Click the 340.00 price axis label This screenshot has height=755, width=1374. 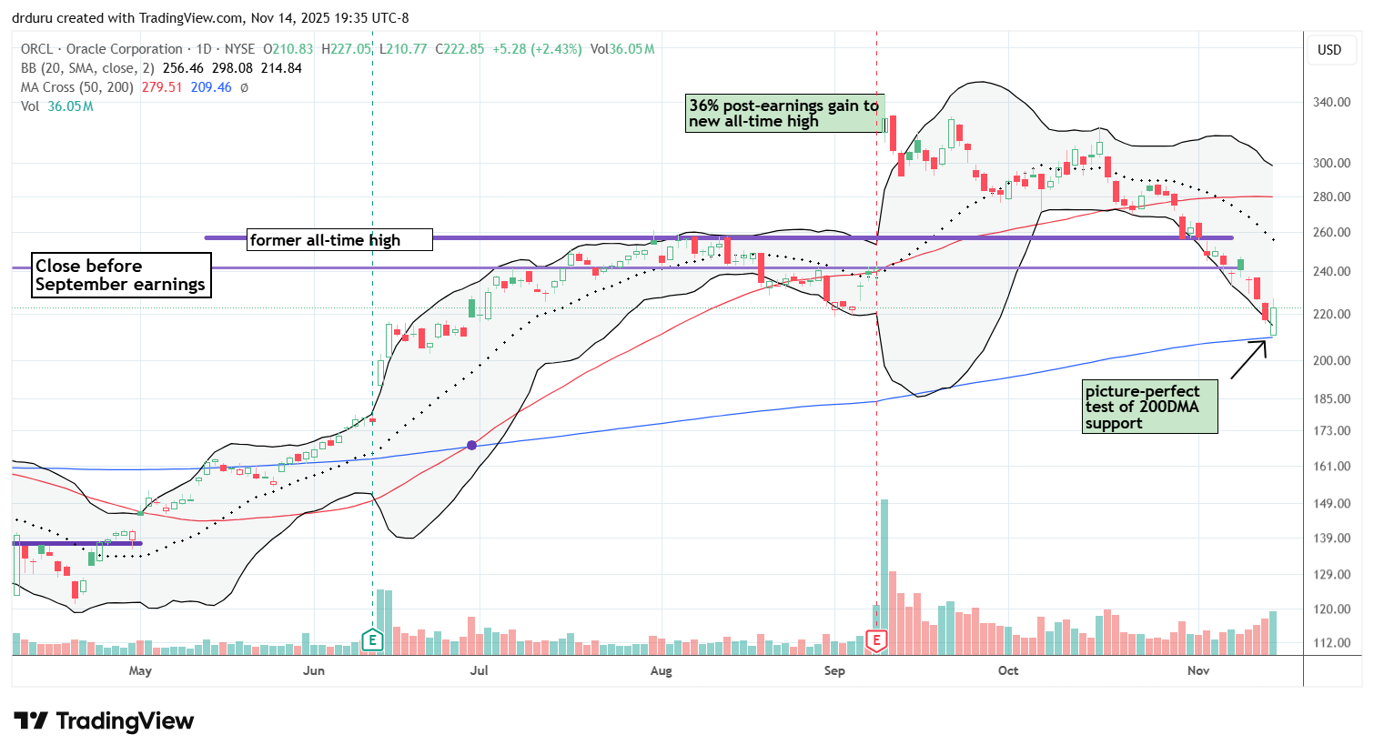[1330, 102]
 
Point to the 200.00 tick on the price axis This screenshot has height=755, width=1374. [1330, 360]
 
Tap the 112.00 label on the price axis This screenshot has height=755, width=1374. [1330, 642]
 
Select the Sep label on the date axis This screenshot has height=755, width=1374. [834, 671]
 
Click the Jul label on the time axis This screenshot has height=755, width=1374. [479, 671]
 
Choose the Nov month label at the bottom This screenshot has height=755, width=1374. [1198, 671]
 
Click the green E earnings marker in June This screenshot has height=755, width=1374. [371, 640]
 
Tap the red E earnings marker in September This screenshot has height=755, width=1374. [876, 640]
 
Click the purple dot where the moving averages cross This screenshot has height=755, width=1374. [471, 445]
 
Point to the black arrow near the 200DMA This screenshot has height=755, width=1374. [1248, 358]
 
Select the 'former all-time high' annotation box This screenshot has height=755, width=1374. [339, 240]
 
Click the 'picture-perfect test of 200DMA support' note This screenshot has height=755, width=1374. [1150, 407]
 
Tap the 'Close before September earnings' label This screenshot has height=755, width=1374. [120, 275]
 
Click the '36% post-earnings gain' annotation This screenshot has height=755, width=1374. [784, 114]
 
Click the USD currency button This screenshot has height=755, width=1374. [1329, 50]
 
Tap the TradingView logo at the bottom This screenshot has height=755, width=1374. [104, 721]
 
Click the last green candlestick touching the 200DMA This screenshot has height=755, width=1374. [1273, 321]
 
